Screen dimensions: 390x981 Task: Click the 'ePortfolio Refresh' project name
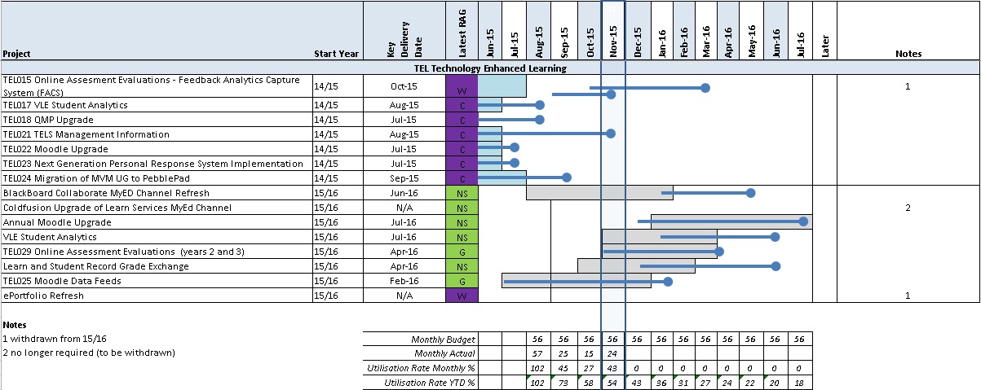[43, 296]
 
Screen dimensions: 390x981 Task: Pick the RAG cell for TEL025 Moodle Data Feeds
[462, 281]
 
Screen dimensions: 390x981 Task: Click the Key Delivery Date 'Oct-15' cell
[404, 86]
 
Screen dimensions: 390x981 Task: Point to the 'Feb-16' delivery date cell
[404, 281]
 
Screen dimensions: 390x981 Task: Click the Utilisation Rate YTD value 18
[800, 383]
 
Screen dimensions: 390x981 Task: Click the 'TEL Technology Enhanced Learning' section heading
[490, 68]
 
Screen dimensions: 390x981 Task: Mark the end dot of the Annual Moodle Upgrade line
[804, 221]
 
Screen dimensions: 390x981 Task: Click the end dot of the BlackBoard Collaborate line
[751, 193]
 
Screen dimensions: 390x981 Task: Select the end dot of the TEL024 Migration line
[568, 177]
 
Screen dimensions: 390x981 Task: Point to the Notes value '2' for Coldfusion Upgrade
[908, 208]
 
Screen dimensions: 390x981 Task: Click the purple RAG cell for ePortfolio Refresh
[462, 296]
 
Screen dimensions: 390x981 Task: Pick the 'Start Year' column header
[337, 54]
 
